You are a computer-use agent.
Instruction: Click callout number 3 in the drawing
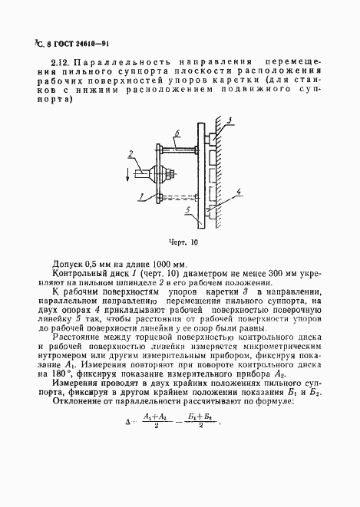[230, 120]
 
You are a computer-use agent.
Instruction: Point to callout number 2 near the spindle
[131, 155]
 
